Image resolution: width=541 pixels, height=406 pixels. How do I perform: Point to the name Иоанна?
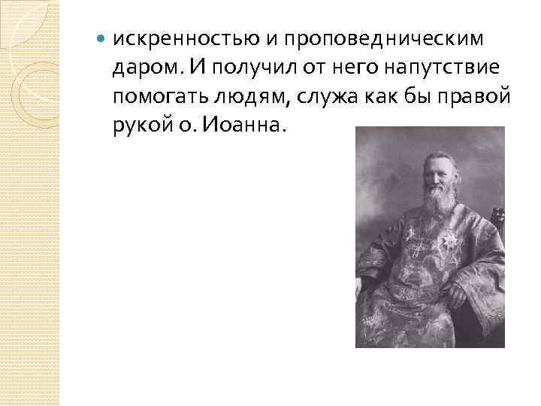240,126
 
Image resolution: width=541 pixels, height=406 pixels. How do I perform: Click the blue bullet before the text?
101,38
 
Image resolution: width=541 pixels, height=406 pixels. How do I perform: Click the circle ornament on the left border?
29,83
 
